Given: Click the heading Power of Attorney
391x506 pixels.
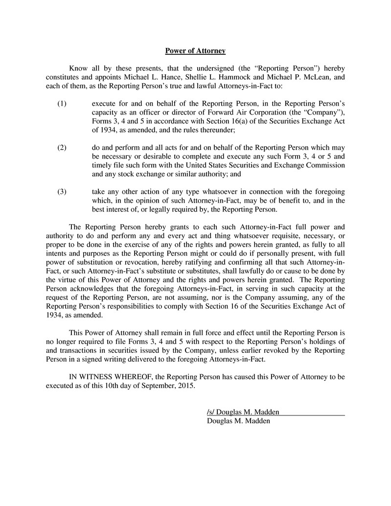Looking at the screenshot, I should coord(195,50).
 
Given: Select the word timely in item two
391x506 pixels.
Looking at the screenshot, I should coord(102,165).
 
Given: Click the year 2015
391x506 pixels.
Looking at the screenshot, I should coord(185,386).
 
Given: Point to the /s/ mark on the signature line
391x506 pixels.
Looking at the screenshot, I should coord(210,412).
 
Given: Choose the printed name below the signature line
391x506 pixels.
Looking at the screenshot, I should coord(238,421).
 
